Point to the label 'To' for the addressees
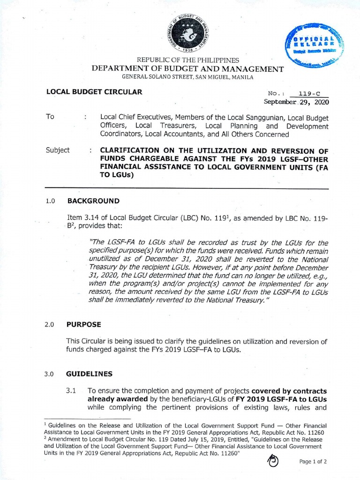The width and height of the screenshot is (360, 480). tap(50, 117)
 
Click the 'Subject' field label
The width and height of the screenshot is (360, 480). tap(58, 150)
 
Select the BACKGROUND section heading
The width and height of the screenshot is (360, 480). tap(93, 201)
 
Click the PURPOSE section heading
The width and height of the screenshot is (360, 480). tap(83, 323)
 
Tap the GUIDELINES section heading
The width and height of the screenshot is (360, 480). tap(90, 374)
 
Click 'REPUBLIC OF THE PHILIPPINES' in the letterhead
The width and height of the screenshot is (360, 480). tap(187, 60)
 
